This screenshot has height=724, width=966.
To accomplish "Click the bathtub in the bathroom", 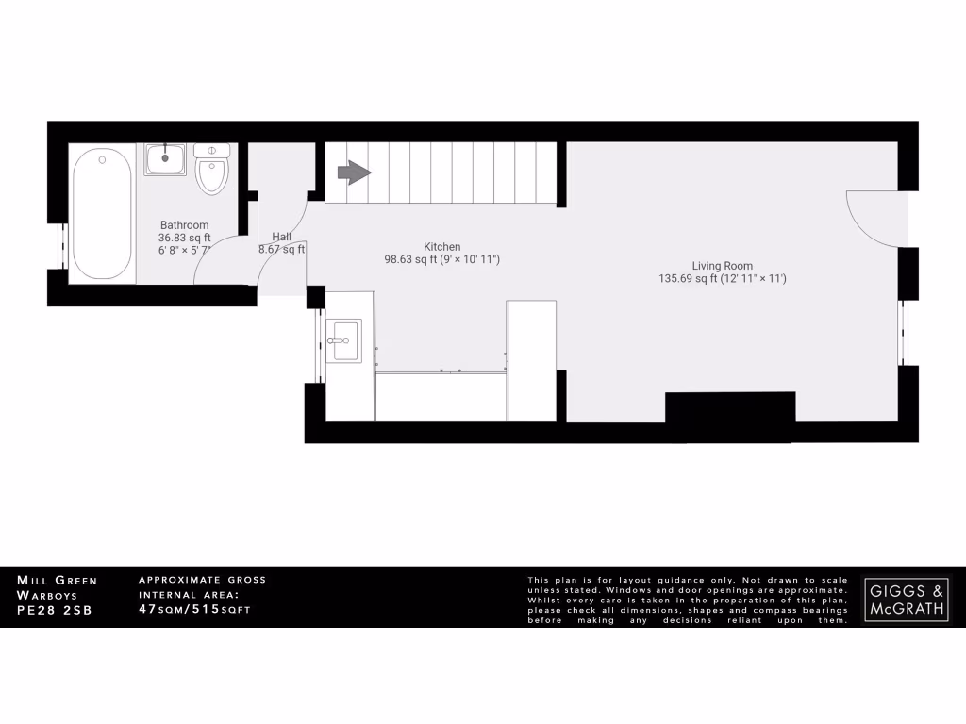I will pyautogui.click(x=102, y=213).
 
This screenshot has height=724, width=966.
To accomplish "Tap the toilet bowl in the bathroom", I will pyautogui.click(x=211, y=173).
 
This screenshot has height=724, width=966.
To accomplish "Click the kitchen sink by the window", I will pyautogui.click(x=343, y=340).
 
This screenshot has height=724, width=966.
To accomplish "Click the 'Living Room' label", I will pyautogui.click(x=723, y=266).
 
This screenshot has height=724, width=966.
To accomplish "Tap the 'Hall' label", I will pyautogui.click(x=281, y=237).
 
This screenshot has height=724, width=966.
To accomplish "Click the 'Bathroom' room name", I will pyautogui.click(x=184, y=225).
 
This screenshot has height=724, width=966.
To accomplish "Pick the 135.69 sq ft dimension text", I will pyautogui.click(x=723, y=279).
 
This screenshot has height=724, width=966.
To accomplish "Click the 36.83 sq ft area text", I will pyautogui.click(x=184, y=239).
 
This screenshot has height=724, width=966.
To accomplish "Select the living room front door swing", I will pyautogui.click(x=873, y=217).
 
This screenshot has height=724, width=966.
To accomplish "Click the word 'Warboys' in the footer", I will pyautogui.click(x=46, y=595).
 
